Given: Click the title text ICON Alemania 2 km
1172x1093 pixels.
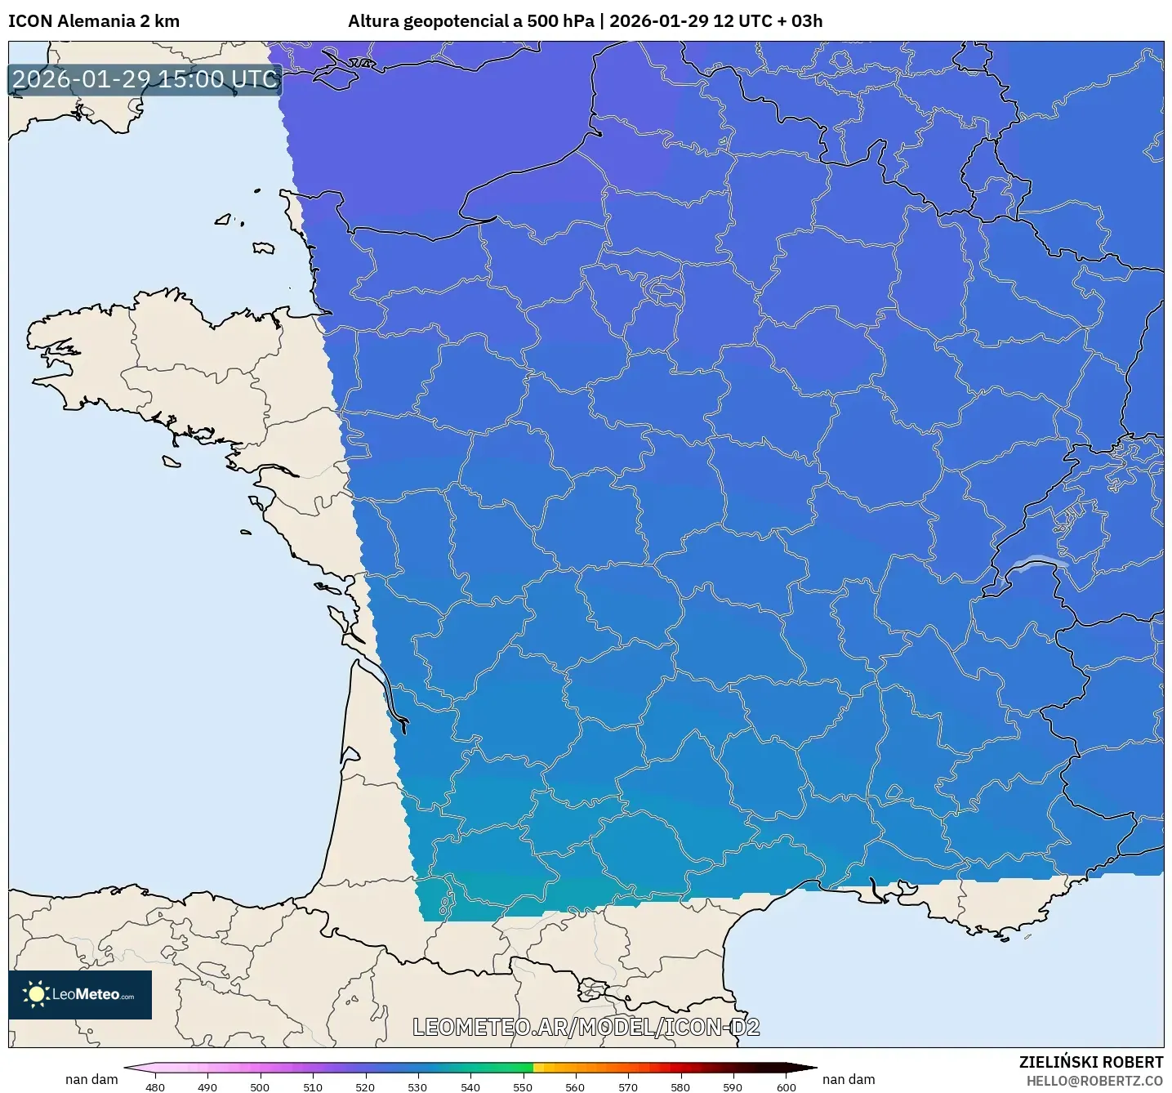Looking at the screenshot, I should tap(94, 21).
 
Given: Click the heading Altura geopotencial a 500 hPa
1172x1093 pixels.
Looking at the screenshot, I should tap(471, 21).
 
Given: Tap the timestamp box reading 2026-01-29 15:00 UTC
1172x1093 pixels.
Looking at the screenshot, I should tap(145, 79).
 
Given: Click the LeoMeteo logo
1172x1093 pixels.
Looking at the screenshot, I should tap(80, 994).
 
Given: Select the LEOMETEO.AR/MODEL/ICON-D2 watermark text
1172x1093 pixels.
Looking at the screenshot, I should tap(586, 1027).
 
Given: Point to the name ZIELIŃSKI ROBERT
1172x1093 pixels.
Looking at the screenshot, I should tap(1091, 1062).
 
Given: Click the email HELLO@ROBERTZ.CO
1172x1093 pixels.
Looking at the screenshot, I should tap(1094, 1081).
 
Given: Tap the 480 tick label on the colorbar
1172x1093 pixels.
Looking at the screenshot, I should tap(154, 1086).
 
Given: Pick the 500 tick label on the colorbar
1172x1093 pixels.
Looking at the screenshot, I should tap(260, 1086).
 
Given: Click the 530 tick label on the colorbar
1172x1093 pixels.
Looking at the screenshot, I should tap(417, 1086).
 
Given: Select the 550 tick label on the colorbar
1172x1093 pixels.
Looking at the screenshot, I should tap(523, 1086).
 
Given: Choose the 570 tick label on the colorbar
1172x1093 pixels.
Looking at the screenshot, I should tap(628, 1086).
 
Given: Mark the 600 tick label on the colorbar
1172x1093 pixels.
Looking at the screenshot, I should tap(786, 1086).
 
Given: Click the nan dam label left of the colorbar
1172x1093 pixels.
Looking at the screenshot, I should tap(91, 1079).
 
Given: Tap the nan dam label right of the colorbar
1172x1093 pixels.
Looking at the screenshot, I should tap(849, 1079).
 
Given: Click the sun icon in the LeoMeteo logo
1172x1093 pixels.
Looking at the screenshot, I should tap(36, 994).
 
